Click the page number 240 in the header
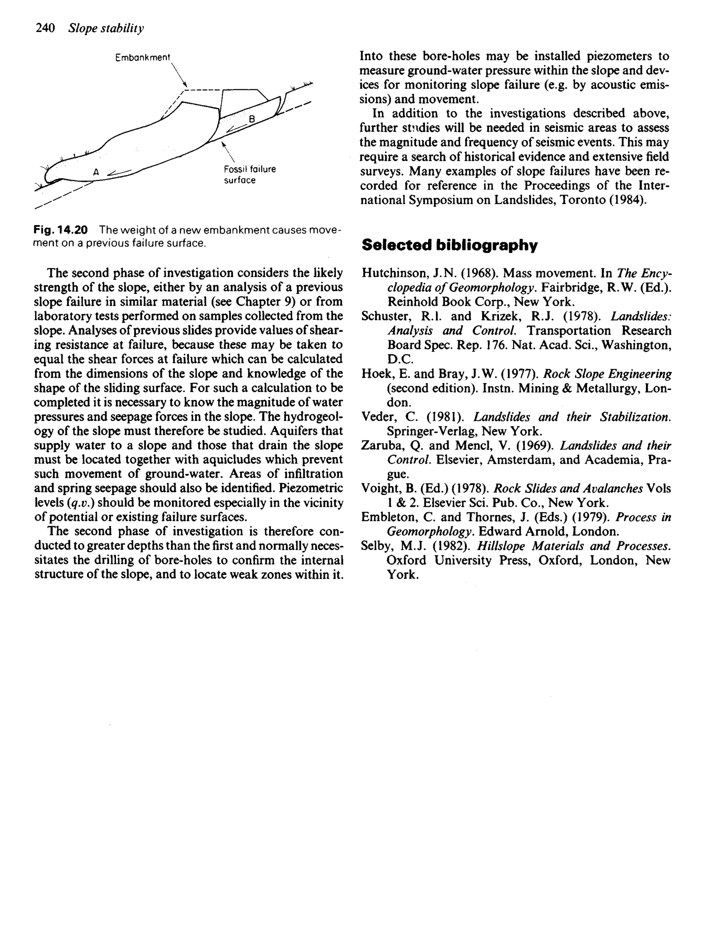(45, 28)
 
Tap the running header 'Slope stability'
(106, 28)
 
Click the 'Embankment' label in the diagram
(142, 57)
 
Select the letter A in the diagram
(96, 172)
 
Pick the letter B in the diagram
(252, 119)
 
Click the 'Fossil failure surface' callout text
(250, 175)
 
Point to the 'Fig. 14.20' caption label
(61, 230)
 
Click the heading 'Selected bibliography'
(449, 245)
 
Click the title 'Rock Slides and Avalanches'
(568, 489)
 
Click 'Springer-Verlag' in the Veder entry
(430, 431)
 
